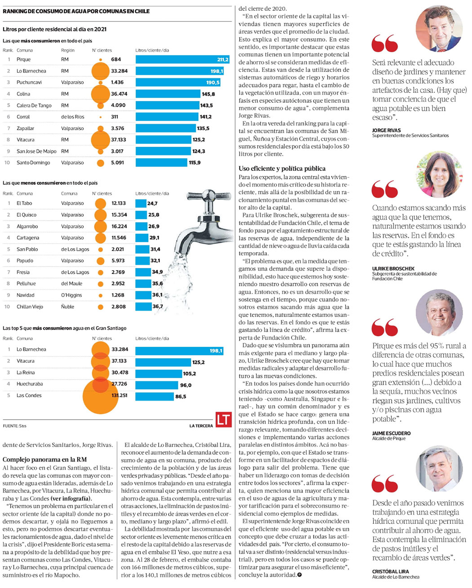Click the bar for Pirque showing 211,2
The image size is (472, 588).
click(x=183, y=59)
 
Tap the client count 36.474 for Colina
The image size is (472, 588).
click(x=119, y=94)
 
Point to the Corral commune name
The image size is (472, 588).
click(x=23, y=117)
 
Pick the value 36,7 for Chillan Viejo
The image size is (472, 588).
click(x=158, y=307)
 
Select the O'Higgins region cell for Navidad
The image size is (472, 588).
click(x=71, y=295)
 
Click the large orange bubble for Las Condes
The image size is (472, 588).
click(x=100, y=395)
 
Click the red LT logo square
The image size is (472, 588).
click(x=223, y=420)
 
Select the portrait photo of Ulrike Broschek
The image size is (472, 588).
click(x=439, y=174)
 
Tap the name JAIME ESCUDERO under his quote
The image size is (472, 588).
click(x=391, y=433)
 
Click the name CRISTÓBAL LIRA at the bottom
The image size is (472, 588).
click(x=390, y=571)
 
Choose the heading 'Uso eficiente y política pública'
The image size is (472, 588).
click(x=282, y=168)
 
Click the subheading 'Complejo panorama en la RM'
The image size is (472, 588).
click(x=45, y=460)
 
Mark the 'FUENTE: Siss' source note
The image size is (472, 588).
click(x=14, y=426)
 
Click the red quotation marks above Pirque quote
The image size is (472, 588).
click(x=384, y=328)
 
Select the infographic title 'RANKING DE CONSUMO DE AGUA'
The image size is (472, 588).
click(x=76, y=11)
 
